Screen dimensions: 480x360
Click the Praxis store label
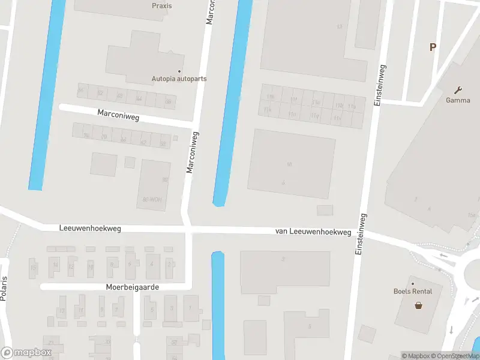point(162,6)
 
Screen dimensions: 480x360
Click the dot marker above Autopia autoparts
point(179,71)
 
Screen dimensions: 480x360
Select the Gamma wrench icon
point(458,91)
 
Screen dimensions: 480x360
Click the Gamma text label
point(458,100)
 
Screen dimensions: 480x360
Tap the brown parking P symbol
point(432,47)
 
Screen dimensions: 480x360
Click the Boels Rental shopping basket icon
point(418,305)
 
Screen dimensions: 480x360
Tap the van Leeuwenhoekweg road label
point(313,231)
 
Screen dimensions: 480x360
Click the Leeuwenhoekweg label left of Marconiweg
point(91,229)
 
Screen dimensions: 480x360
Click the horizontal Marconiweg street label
point(118,115)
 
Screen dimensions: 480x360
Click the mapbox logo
point(26,353)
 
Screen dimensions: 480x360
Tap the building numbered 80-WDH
point(152,199)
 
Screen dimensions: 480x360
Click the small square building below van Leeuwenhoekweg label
point(325,210)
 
